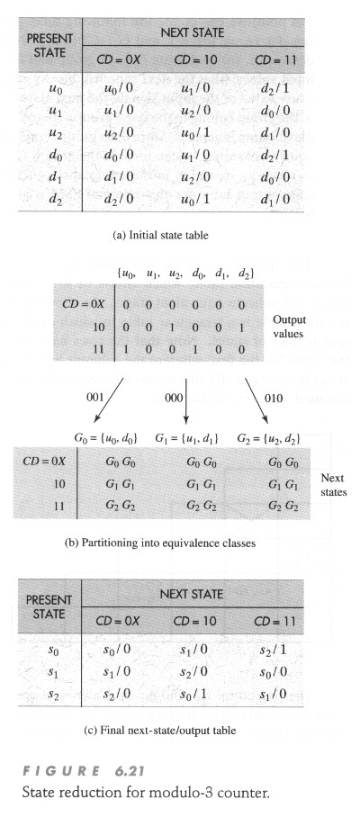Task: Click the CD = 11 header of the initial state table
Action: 275,60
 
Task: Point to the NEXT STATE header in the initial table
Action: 193,32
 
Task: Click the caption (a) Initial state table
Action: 160,236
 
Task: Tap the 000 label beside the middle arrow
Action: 174,397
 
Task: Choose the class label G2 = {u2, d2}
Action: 269,439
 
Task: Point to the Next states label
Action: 332,485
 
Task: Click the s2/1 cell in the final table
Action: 274,650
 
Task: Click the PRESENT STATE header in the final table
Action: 49,606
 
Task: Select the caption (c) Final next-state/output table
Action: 160,731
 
